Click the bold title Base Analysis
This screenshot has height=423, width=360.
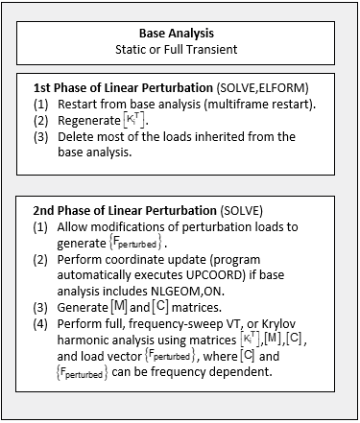pos(180,32)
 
